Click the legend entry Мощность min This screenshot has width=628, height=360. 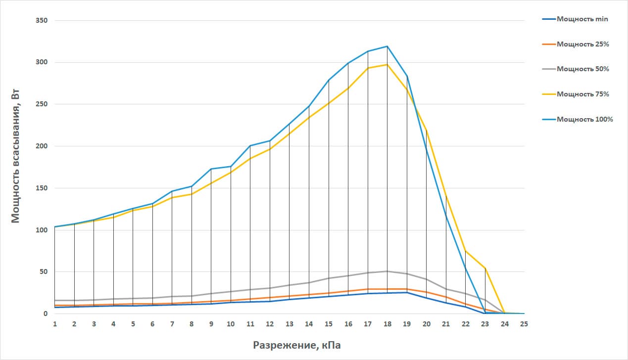pos(582,19)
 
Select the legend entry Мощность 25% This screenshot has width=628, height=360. pos(582,44)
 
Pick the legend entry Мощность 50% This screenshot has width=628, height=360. pos(582,69)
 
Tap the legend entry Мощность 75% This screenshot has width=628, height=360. pos(582,94)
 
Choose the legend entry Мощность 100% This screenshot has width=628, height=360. pos(584,119)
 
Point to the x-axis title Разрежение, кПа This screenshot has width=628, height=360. pos(297,345)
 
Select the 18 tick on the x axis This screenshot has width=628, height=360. pos(387,324)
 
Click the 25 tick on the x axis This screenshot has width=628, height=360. pos(524,324)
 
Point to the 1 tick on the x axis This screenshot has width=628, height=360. pos(55,324)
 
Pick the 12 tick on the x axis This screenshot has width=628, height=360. pos(270,324)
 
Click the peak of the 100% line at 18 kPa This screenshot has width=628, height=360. pos(387,46)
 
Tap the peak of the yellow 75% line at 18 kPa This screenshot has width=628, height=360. pos(387,64)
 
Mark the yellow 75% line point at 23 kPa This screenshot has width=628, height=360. pos(485,268)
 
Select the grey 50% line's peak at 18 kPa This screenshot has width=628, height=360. pos(387,271)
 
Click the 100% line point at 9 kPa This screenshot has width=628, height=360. pos(211,169)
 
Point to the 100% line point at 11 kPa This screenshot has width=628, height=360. pos(250,146)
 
